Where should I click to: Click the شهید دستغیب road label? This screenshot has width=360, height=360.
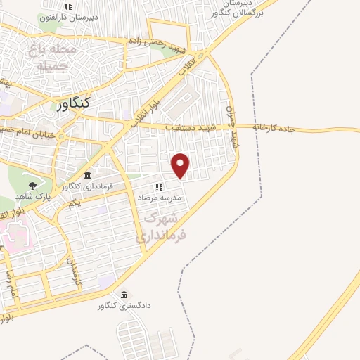(x=191, y=127)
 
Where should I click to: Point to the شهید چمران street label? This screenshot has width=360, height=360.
(x=233, y=123)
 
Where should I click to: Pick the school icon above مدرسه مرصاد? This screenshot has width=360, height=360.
(x=159, y=187)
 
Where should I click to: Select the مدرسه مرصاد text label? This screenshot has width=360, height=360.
(x=161, y=198)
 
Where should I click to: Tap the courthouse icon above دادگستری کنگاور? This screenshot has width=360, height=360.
(x=124, y=295)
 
